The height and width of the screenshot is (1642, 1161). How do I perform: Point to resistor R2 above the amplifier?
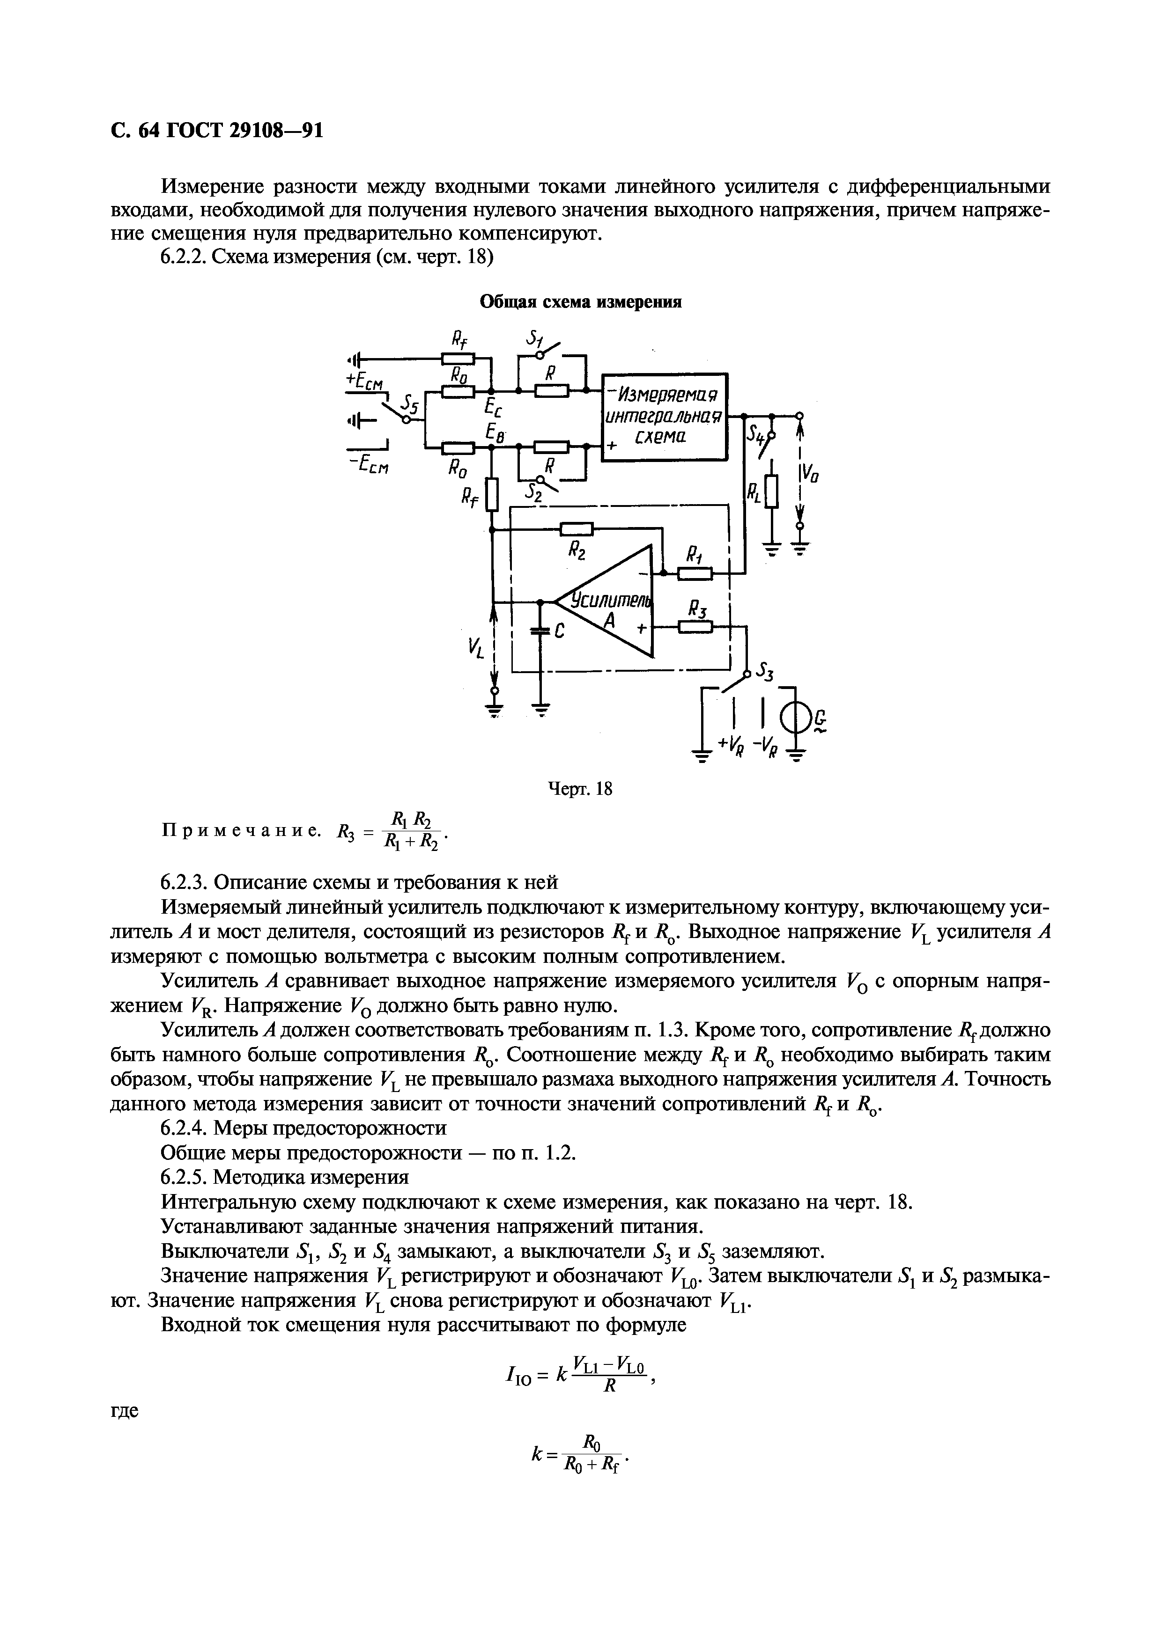576,529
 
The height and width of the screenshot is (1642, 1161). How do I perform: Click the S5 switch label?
409,405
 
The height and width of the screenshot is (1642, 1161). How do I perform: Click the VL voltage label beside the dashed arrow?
476,649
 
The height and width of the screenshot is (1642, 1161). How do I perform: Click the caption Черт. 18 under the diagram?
580,789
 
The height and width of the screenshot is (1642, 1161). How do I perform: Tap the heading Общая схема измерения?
580,302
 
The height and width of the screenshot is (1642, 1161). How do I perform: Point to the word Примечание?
239,830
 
